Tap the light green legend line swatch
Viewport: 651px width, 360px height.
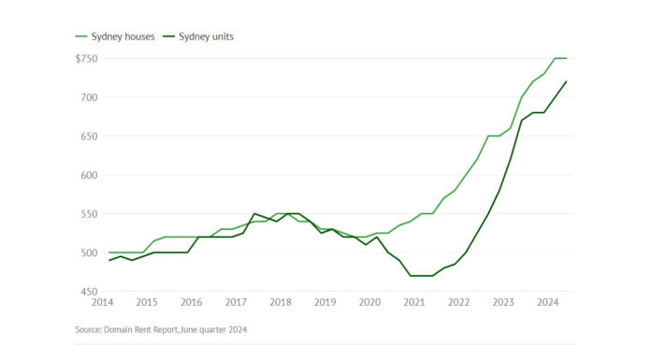click(x=81, y=36)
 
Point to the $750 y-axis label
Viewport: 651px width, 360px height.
click(x=86, y=58)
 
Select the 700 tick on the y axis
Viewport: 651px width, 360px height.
click(x=89, y=97)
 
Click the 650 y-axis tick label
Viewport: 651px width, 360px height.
click(x=89, y=137)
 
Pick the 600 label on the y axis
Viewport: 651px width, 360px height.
click(x=89, y=175)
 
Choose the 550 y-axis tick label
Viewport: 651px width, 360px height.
click(x=89, y=214)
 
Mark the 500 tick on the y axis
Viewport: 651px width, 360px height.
click(x=89, y=252)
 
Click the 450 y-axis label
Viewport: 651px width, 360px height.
click(x=89, y=292)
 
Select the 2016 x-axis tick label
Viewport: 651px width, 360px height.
click(x=191, y=303)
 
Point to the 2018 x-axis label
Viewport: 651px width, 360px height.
click(x=280, y=303)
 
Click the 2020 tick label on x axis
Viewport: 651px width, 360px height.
click(x=369, y=303)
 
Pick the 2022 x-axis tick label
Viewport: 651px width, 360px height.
click(x=458, y=303)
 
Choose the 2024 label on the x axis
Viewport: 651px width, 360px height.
click(x=548, y=303)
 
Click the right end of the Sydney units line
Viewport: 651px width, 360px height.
click(x=567, y=81)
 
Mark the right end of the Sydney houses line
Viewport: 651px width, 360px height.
click(x=567, y=58)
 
